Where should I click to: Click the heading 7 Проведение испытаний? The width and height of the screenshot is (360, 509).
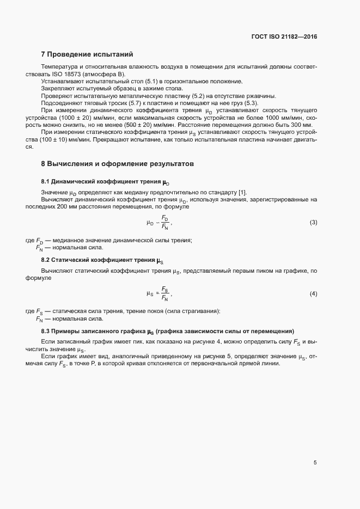(x=87, y=54)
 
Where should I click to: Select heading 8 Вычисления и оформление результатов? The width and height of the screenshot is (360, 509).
(x=117, y=163)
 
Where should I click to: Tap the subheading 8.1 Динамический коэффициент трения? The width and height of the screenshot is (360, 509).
(x=109, y=181)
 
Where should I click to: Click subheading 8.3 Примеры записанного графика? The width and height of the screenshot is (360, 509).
(x=168, y=331)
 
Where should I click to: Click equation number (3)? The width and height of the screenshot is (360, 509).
(x=313, y=223)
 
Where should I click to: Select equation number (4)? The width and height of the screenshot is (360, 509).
(x=313, y=294)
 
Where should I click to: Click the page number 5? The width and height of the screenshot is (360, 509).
(x=315, y=463)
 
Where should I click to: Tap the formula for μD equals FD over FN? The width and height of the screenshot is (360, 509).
(x=159, y=223)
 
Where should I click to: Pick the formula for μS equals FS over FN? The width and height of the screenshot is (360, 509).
(x=159, y=294)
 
